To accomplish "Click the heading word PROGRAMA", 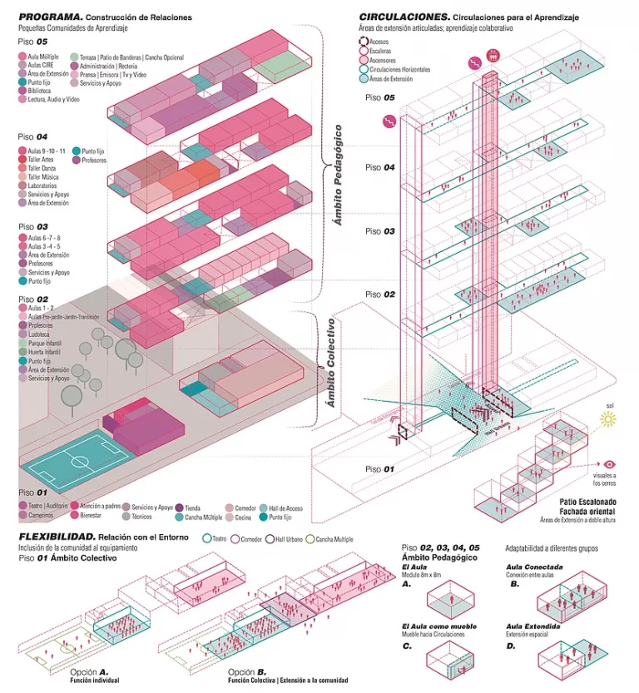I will coord(49,17).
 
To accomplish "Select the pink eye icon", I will coord(609,465).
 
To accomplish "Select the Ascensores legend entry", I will coord(384,61).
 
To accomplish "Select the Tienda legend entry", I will coord(191,507).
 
